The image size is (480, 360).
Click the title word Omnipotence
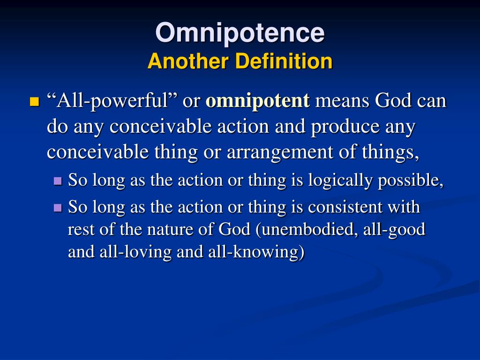[240, 33]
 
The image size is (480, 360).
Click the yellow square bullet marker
[34, 102]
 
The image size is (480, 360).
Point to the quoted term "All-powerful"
[112, 101]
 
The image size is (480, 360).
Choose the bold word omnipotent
[257, 101]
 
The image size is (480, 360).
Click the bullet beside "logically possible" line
[58, 181]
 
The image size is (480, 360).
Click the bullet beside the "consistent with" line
[58, 207]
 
